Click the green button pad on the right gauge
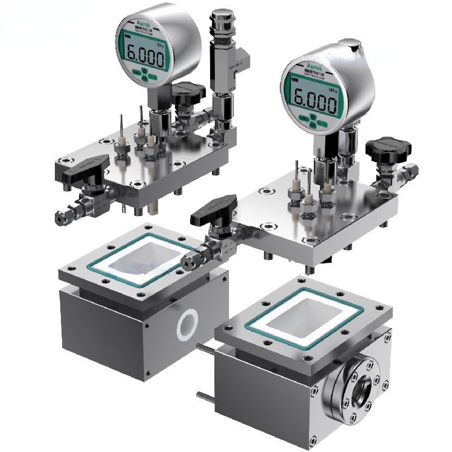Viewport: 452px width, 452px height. click(x=313, y=120)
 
